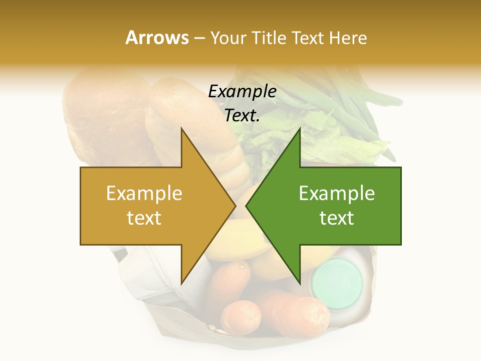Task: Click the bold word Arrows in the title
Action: (156, 38)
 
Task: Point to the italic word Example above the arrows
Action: (242, 91)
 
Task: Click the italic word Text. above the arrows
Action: (242, 115)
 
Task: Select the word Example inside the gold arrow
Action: (144, 194)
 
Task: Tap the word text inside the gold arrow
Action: (144, 218)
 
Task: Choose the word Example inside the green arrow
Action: (337, 194)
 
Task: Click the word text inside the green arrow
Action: (337, 218)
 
